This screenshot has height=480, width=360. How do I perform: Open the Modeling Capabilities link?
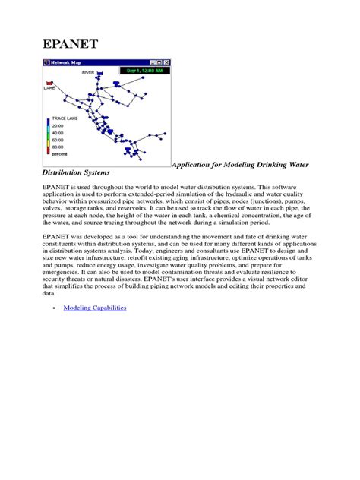[x=95, y=308]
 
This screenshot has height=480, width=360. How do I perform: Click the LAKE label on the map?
[x=49, y=88]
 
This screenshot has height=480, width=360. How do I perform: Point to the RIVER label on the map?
[x=89, y=71]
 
